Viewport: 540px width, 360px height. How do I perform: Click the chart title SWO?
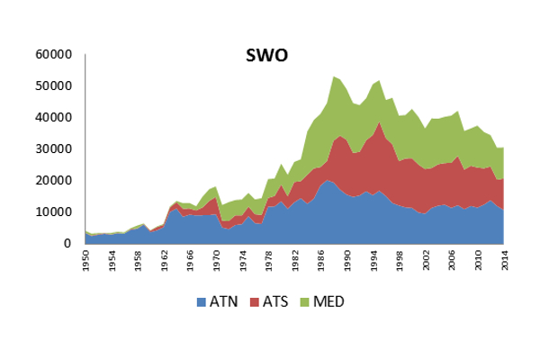pos(267,58)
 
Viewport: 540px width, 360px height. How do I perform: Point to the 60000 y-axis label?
pos(52,54)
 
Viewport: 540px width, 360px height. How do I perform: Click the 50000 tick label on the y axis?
pos(52,85)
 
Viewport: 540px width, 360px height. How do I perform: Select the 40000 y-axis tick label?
pos(52,117)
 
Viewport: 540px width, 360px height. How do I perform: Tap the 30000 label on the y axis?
pos(52,148)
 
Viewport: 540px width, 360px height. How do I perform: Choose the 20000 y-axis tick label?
pos(52,180)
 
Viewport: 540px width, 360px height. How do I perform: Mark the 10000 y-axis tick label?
pos(52,211)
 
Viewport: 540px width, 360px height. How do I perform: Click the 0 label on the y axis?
pos(66,243)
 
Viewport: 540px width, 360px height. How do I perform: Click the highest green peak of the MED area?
pos(334,77)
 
